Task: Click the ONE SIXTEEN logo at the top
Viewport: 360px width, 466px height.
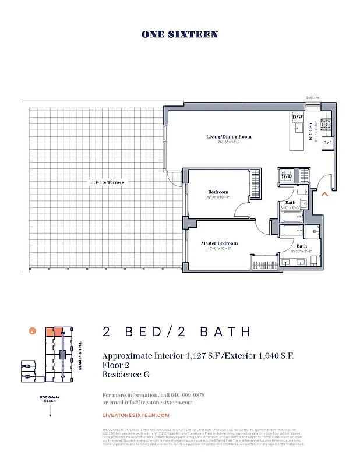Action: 179,35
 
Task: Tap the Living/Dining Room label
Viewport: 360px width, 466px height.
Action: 228,137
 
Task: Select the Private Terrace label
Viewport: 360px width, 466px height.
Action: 107,182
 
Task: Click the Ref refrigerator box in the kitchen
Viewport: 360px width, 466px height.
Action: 327,143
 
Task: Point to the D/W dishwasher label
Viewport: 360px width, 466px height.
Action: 297,117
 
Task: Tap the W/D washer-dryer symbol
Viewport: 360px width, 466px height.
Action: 287,175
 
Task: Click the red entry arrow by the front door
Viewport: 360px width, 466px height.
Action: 325,195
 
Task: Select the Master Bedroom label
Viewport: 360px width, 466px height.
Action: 219,243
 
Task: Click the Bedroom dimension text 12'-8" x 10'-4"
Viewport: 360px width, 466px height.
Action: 218,197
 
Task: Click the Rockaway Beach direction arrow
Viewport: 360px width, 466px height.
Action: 51,411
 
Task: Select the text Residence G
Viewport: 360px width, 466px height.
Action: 126,375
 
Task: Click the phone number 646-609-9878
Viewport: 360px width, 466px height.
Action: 183,395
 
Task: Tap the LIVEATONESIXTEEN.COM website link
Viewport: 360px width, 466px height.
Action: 136,415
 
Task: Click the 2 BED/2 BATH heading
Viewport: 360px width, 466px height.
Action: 177,332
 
